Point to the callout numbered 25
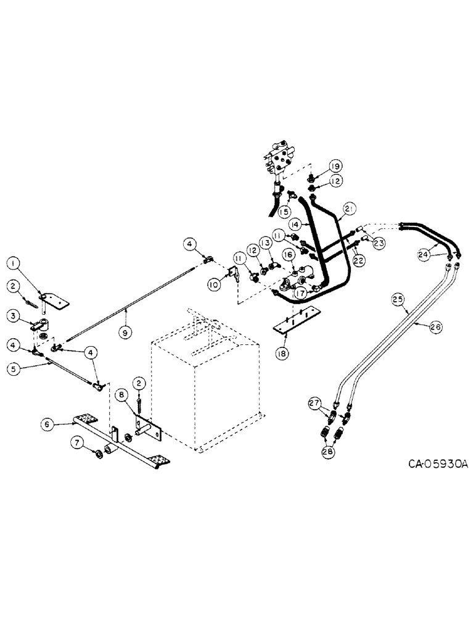[398, 300]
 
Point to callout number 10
[213, 284]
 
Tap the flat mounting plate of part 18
[295, 322]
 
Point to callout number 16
[287, 254]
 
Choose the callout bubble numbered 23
[379, 243]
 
